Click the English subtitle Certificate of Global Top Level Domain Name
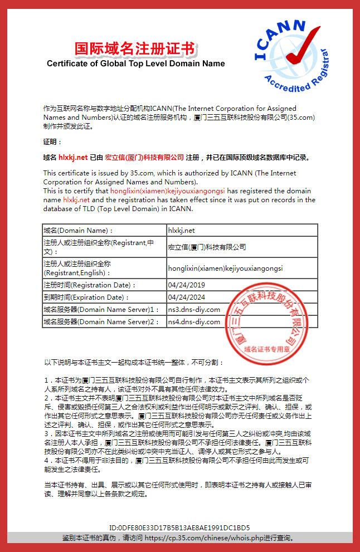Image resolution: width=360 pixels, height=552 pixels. (x=135, y=63)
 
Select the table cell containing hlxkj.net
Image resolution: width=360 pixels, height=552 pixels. (x=181, y=230)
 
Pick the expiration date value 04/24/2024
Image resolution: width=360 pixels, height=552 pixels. (x=186, y=297)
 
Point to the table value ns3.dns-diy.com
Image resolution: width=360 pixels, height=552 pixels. (x=194, y=309)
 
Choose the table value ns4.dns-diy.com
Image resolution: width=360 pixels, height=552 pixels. (x=194, y=321)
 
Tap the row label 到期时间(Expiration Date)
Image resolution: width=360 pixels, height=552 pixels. (x=84, y=297)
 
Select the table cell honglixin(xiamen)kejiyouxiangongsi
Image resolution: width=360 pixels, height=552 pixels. (x=225, y=268)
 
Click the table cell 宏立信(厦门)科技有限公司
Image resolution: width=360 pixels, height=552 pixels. (x=207, y=247)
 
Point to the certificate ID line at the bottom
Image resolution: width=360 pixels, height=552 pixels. (x=179, y=527)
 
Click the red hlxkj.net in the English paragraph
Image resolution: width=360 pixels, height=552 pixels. (x=76, y=199)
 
